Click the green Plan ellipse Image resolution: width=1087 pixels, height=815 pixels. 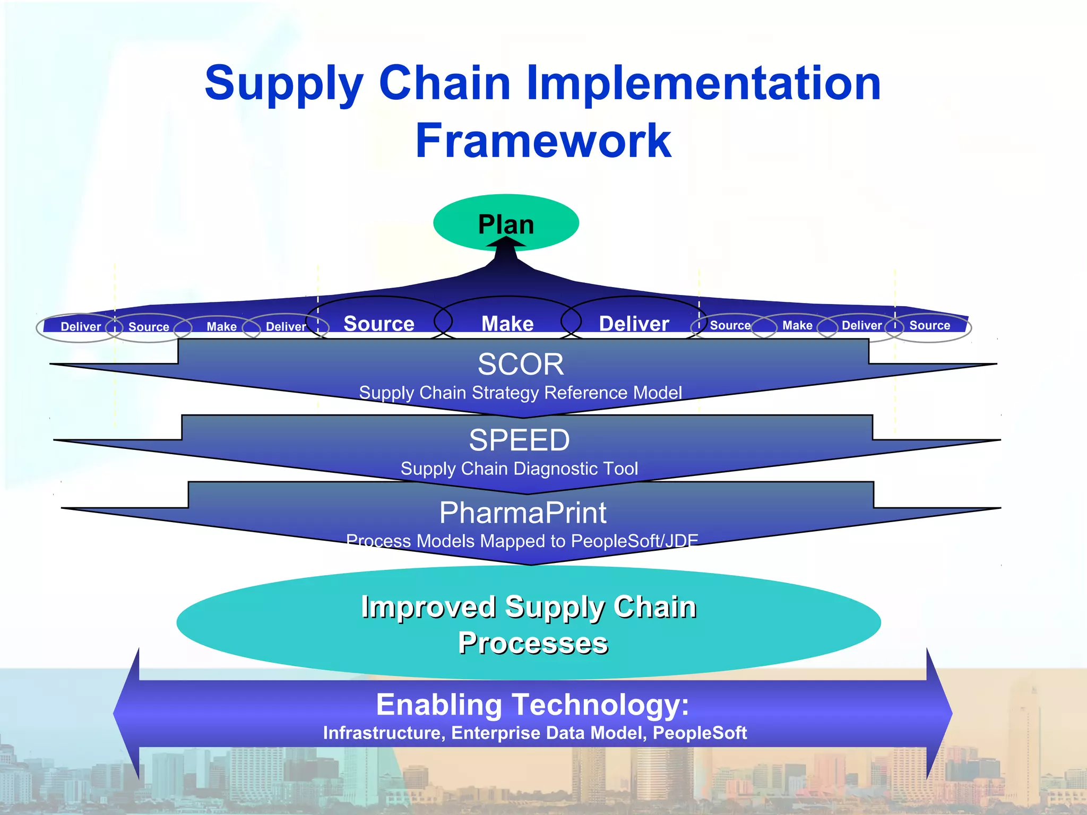coord(506,223)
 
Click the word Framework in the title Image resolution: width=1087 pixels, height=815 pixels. coord(543,141)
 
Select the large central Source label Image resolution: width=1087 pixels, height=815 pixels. coord(379,324)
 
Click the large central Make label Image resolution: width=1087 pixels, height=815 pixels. coord(507,324)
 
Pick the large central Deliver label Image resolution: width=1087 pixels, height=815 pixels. coord(634,324)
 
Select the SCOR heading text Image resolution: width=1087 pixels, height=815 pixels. coord(520,365)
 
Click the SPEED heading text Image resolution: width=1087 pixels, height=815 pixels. coord(519,440)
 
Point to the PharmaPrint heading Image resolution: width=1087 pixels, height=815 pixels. coord(523,513)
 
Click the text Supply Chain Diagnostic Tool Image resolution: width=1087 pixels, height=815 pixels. coord(519,469)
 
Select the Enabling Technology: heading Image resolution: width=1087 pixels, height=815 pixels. coord(532,705)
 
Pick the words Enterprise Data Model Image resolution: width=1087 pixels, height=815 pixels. coord(549,733)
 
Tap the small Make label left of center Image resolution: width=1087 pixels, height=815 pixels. coord(221,327)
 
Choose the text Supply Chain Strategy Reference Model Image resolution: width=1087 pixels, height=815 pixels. coord(520,393)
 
